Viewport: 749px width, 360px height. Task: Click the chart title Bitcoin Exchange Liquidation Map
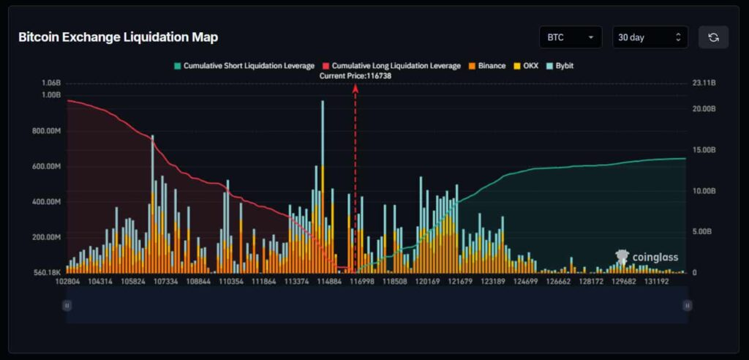118,37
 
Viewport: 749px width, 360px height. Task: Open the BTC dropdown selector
570,37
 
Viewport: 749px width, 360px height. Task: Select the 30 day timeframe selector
650,37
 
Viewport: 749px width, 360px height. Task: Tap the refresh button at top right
713,37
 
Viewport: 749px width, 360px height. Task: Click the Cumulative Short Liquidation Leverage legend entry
244,66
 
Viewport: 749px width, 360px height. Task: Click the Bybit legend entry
559,66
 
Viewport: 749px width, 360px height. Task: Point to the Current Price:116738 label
355,75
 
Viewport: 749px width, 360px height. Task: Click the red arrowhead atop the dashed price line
355,88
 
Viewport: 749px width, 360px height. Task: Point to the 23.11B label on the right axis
704,83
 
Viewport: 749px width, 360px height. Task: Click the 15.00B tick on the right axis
704,150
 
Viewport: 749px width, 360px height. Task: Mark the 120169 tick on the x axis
428,281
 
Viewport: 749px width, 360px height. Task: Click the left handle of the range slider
67,305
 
